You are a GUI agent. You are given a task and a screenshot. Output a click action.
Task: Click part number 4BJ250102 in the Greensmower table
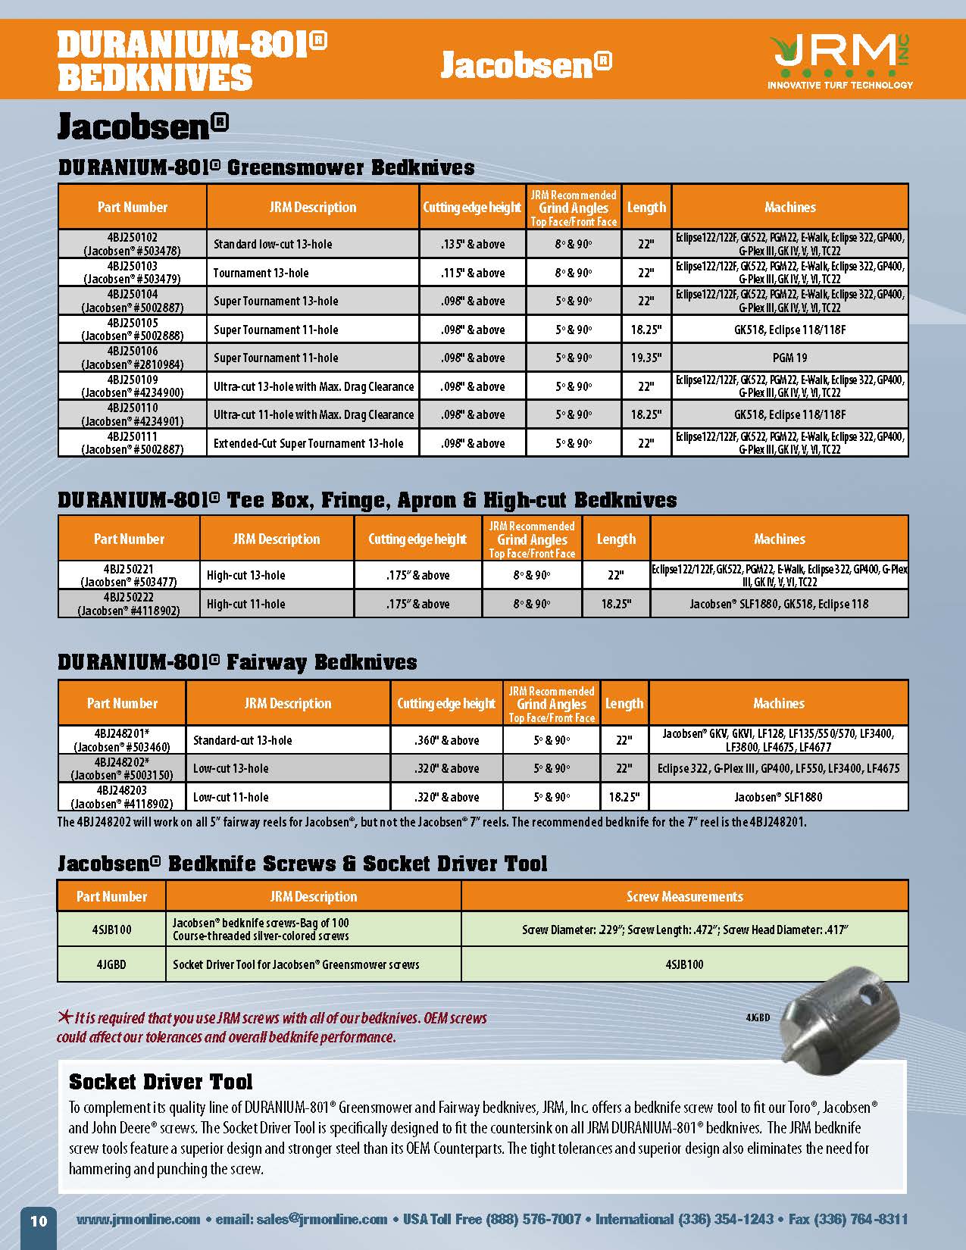tap(133, 244)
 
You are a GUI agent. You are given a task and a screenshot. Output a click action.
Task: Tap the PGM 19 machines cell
tap(789, 358)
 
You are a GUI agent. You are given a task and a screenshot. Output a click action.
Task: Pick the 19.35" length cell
tap(646, 358)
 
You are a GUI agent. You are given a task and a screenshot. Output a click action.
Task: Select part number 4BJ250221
tap(129, 569)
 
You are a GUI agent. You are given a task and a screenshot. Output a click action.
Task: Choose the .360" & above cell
tap(446, 740)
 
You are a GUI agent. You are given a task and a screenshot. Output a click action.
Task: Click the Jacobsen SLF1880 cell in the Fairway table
tap(778, 797)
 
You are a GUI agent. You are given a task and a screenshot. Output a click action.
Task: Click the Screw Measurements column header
tap(684, 896)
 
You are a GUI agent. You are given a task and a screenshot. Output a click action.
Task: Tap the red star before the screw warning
tap(64, 1017)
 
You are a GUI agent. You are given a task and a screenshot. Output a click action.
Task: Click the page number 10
tap(39, 1220)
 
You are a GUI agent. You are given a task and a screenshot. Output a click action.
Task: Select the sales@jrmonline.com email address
tap(322, 1219)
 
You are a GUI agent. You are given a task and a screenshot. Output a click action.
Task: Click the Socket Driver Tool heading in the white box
tap(161, 1082)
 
